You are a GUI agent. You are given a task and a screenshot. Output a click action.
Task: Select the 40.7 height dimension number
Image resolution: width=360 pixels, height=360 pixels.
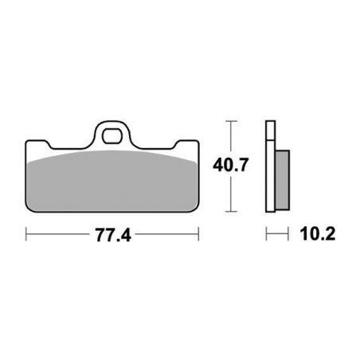coord(232,166)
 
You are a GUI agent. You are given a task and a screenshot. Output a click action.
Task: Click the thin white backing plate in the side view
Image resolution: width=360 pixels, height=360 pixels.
coord(269,167)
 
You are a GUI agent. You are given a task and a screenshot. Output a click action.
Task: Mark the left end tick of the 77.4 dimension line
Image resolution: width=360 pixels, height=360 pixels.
coord(26,235)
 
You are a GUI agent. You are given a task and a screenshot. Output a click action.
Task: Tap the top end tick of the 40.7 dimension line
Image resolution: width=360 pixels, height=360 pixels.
coord(231,121)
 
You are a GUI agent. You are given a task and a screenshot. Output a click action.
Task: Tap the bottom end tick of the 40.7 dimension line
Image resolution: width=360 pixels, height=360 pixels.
coord(231,212)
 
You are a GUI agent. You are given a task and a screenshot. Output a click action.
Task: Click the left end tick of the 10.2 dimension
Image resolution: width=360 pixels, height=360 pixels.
coord(266,235)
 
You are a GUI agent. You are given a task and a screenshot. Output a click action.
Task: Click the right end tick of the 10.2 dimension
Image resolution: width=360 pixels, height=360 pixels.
coord(287,235)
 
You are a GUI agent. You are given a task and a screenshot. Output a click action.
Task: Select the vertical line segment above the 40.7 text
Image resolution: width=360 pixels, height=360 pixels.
coord(231,139)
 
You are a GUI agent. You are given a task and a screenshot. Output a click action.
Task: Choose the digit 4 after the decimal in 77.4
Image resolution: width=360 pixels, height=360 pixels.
coord(126,235)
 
